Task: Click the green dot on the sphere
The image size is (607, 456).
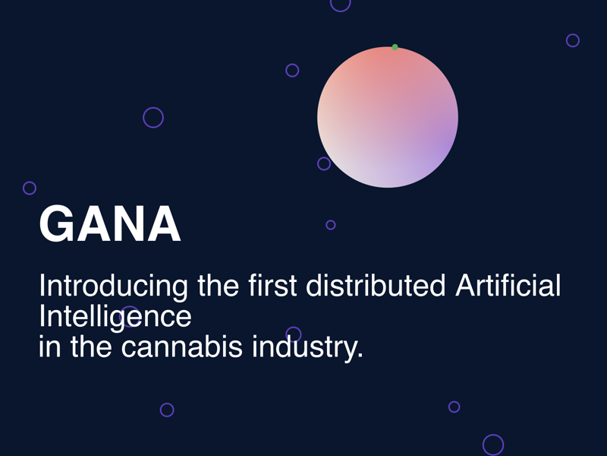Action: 395,47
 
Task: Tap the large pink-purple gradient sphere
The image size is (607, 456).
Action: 388,117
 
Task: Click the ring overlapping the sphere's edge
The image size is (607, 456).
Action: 324,163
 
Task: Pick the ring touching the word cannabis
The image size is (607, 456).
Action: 294,334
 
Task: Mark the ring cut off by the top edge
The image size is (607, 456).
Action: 341,3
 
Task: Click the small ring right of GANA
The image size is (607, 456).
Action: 331,225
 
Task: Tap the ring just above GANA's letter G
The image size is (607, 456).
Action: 30,188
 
